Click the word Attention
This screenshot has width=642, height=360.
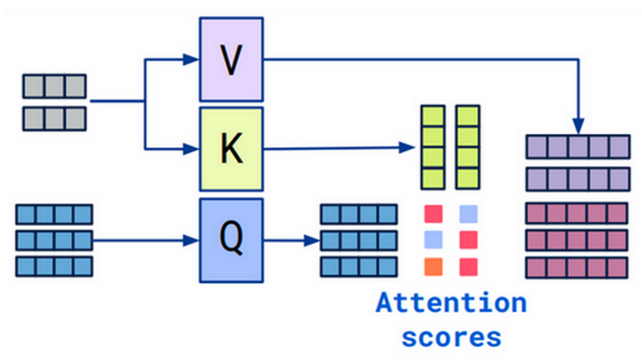[x=451, y=302]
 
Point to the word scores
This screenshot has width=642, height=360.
[x=451, y=335]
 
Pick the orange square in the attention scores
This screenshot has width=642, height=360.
[x=433, y=266]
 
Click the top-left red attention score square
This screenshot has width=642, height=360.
[x=433, y=213]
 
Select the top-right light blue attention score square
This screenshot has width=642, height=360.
[x=467, y=213]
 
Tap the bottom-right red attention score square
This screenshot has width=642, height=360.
[x=467, y=266]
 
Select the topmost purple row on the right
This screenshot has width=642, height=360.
[x=578, y=147]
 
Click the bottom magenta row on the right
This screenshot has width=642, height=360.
[x=578, y=266]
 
